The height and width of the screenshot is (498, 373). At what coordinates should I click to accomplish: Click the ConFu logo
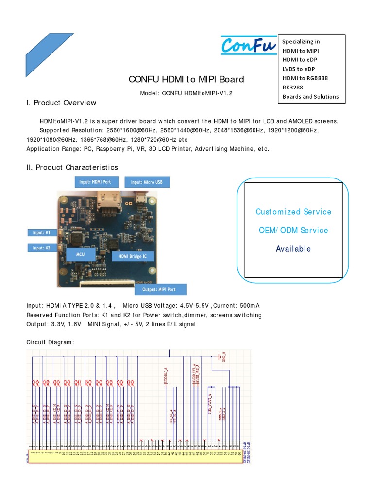pyautogui.click(x=248, y=45)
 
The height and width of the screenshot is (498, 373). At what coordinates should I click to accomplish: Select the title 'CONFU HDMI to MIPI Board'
pyautogui.click(x=186, y=79)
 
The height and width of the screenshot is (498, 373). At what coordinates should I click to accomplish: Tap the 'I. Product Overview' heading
pyautogui.click(x=61, y=103)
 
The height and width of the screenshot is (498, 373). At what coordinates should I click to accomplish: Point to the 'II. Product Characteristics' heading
pyautogui.click(x=72, y=167)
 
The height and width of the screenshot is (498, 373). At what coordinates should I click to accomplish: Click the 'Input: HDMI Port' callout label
pyautogui.click(x=95, y=182)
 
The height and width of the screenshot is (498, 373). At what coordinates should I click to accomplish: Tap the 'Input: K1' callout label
pyautogui.click(x=42, y=233)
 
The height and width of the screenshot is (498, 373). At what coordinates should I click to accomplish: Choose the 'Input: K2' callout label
pyautogui.click(x=42, y=248)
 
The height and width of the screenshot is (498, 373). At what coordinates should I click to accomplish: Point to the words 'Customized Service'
pyautogui.click(x=293, y=212)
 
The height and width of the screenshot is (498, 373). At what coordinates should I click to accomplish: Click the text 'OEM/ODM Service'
pyautogui.click(x=293, y=230)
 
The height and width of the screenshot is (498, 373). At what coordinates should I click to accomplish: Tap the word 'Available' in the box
pyautogui.click(x=293, y=249)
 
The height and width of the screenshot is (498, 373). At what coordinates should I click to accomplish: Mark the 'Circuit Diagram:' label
pyautogui.click(x=50, y=342)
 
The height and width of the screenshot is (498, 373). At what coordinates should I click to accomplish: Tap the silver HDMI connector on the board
pyautogui.click(x=110, y=201)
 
